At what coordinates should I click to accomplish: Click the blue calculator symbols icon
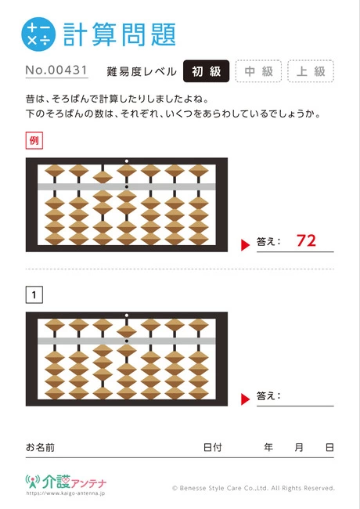pyautogui.click(x=38, y=34)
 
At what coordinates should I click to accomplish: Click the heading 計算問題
pyautogui.click(x=120, y=34)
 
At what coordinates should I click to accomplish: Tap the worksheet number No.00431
pyautogui.click(x=56, y=70)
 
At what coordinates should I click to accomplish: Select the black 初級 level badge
pyautogui.click(x=207, y=71)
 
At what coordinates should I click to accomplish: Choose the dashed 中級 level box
pyautogui.click(x=258, y=71)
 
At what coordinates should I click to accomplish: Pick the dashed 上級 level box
pyautogui.click(x=311, y=71)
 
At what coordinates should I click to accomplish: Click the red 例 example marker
pyautogui.click(x=34, y=140)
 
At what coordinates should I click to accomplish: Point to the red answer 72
pyautogui.click(x=306, y=240)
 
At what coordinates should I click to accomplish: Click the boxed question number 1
pyautogui.click(x=34, y=294)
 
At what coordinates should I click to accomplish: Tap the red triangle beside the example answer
pyautogui.click(x=245, y=245)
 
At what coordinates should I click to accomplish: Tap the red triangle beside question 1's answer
pyautogui.click(x=245, y=399)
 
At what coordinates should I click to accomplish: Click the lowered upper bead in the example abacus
pyautogui.click(x=103, y=177)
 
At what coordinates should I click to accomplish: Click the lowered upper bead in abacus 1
pyautogui.click(x=127, y=331)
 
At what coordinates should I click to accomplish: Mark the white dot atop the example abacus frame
pyautogui.click(x=127, y=161)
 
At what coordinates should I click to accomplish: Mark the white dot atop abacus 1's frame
pyautogui.click(x=127, y=316)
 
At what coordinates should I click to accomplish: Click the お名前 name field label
pyautogui.click(x=40, y=447)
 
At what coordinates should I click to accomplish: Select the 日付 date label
pyautogui.click(x=212, y=447)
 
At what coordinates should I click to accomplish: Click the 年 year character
pyautogui.click(x=268, y=447)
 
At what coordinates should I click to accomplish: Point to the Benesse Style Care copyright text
pyautogui.click(x=254, y=488)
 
